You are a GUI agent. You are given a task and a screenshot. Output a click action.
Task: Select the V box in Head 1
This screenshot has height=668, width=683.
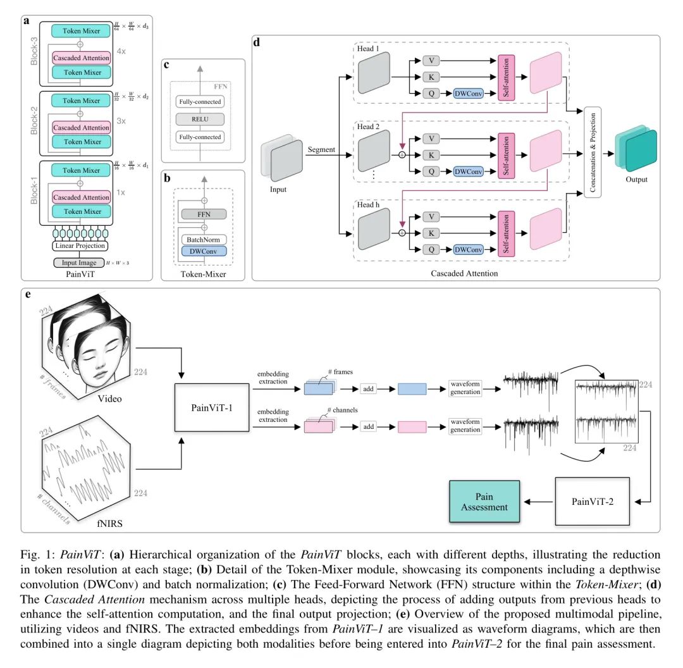431,61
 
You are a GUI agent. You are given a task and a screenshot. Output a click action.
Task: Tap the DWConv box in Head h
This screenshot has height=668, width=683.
467,250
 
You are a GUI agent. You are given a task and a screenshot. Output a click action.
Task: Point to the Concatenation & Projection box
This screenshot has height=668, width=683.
592,152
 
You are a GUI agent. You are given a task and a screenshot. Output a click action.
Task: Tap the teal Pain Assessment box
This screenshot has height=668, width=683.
484,502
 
